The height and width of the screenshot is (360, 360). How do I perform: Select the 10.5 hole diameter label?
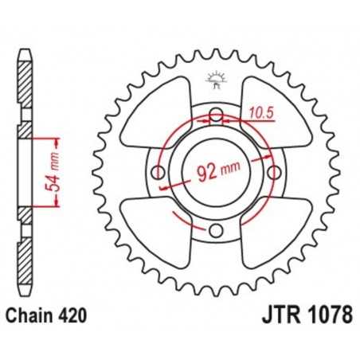252,114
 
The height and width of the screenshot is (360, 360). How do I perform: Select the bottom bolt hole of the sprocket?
215,231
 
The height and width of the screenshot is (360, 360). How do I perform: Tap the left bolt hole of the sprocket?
157,173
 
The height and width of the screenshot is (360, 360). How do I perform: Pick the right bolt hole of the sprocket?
274,173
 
